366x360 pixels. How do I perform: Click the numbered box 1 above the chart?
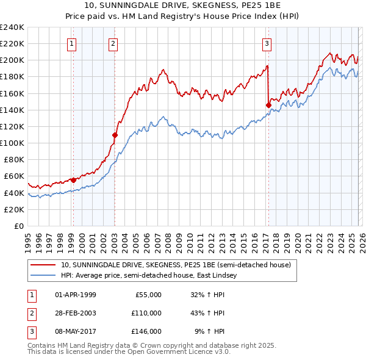coord(73,43)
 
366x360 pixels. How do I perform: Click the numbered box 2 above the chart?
coord(114,43)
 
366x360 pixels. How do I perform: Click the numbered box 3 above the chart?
coord(267,43)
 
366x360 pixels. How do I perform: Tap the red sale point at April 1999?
coord(73,180)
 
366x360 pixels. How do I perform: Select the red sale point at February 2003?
coord(115,134)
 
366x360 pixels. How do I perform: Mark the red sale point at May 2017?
coord(268,105)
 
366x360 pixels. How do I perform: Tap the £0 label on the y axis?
coord(18,226)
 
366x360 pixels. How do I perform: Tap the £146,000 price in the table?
coord(146,331)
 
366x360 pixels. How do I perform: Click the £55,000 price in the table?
coord(148,295)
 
